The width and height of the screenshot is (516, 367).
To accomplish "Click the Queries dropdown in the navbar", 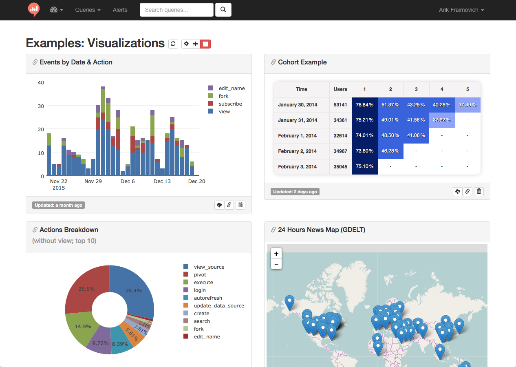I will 88,10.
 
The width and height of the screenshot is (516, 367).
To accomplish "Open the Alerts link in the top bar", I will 120,10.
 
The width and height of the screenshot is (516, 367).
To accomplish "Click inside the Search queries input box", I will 176,10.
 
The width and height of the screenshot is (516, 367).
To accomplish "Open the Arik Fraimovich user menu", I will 461,10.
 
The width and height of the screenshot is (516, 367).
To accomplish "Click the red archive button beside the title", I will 205,44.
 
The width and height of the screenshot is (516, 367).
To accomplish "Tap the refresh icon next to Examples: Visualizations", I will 174,44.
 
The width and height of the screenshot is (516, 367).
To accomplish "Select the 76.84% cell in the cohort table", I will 365,105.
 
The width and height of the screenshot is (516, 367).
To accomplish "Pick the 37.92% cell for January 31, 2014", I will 442,120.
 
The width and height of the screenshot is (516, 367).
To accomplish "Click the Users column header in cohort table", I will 340,89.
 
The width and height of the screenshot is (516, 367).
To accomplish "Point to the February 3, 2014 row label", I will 297,167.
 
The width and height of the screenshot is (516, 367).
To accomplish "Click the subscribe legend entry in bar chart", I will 230,104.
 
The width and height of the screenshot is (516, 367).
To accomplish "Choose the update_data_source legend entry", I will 219,306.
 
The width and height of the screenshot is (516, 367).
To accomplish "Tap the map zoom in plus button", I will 276,254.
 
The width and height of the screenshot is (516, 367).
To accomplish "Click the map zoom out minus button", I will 276,264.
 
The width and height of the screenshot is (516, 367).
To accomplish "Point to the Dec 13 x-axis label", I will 162,181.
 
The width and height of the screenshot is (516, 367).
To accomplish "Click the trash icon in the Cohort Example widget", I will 479,192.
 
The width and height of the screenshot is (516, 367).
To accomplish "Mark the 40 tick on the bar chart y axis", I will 41,83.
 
